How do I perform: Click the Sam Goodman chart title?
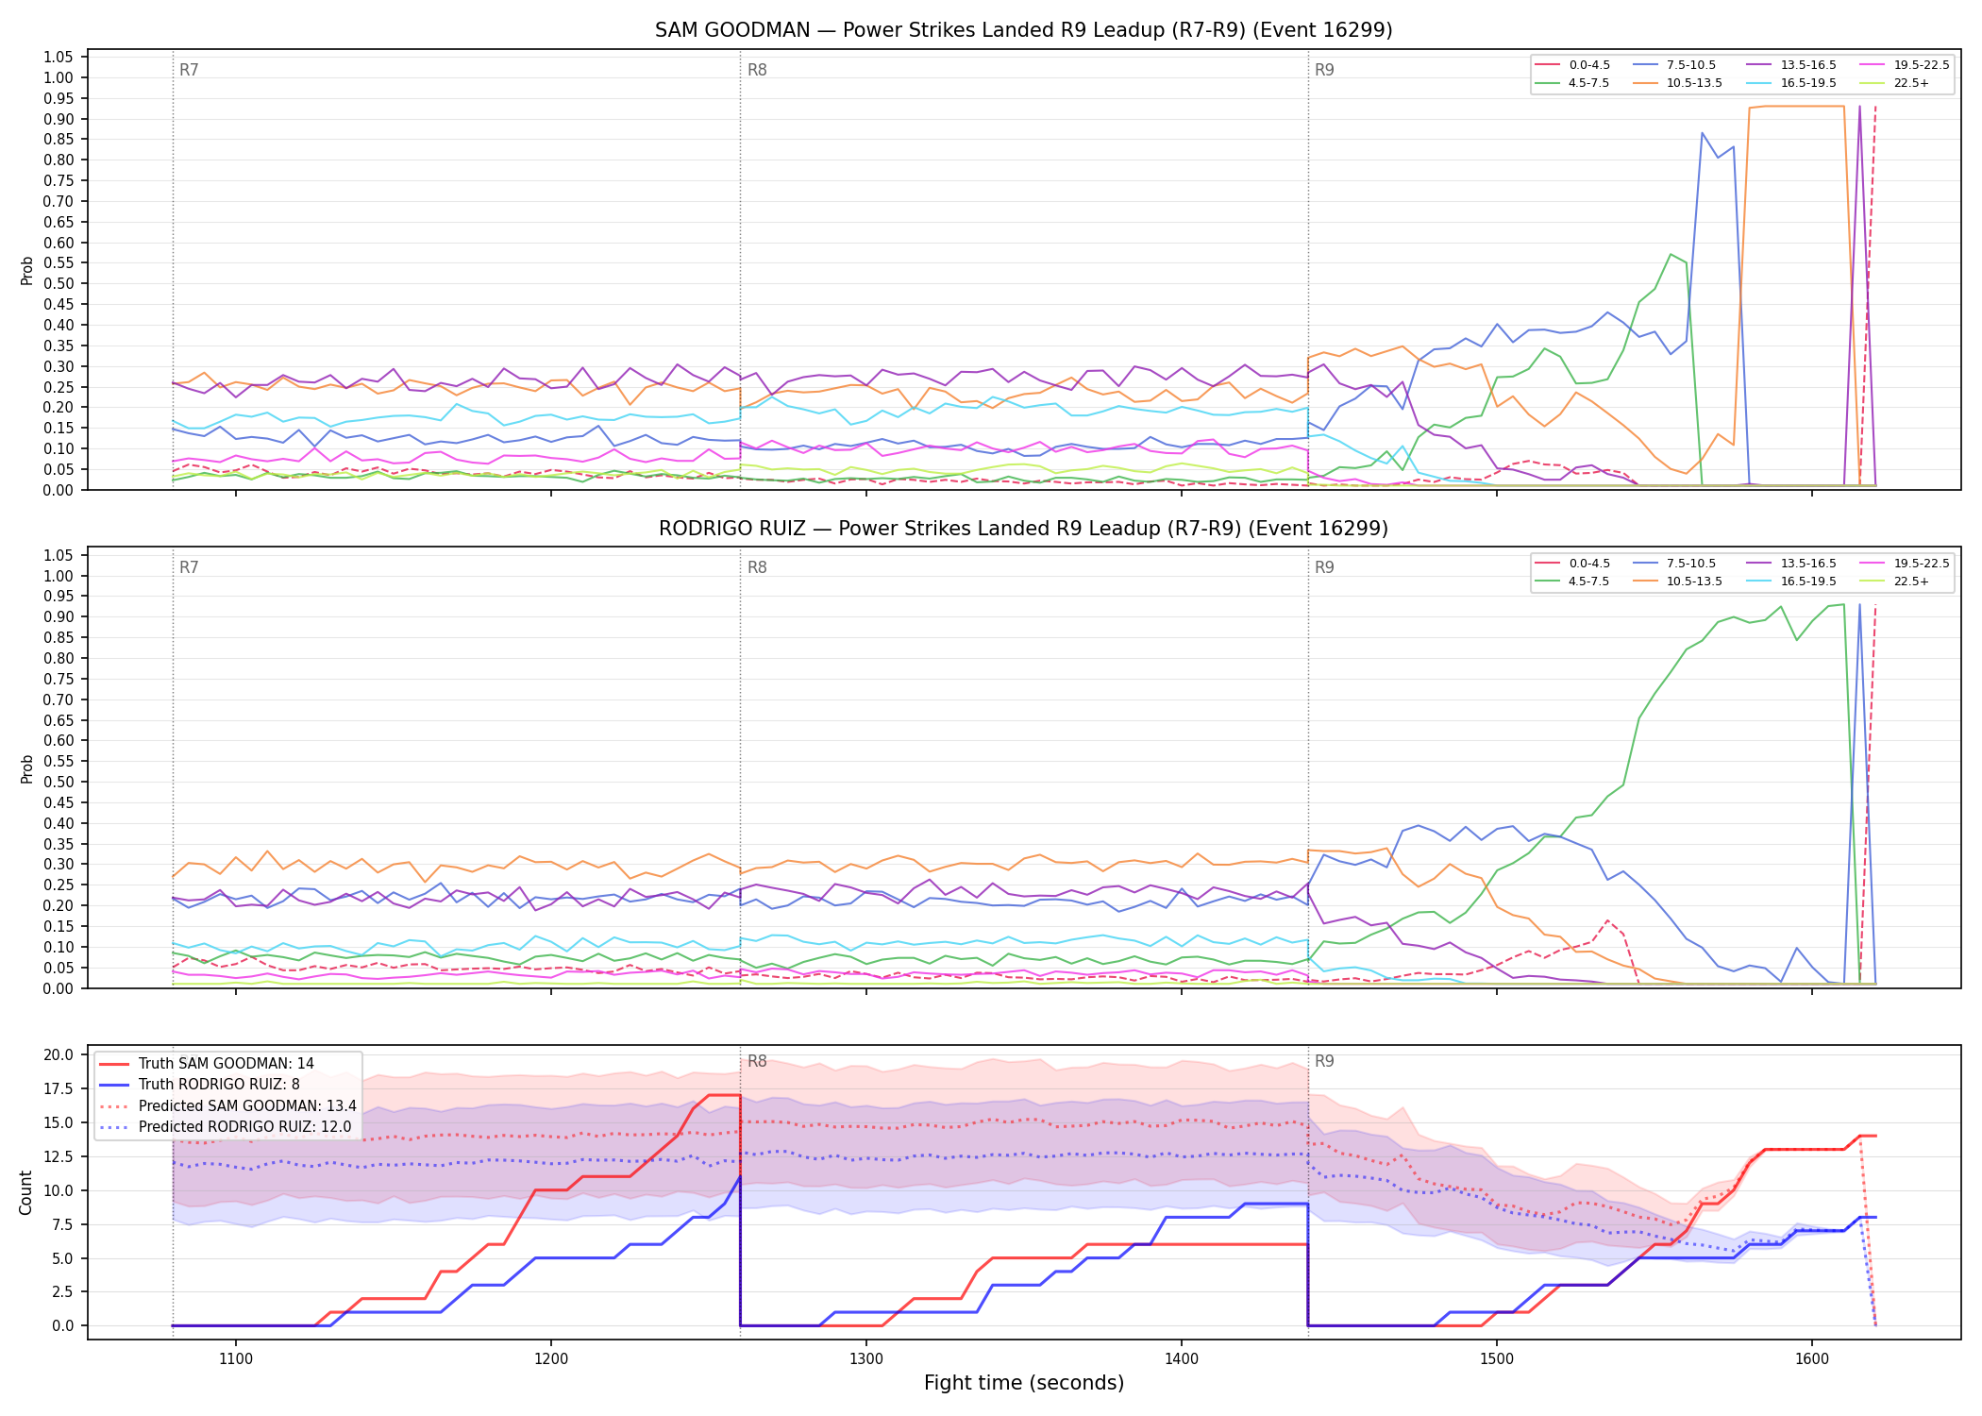pyautogui.click(x=1023, y=30)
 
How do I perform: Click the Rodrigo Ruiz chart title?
pyautogui.click(x=1023, y=529)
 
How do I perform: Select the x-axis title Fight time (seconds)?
pyautogui.click(x=1024, y=1383)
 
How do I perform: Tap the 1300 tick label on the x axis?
pyautogui.click(x=866, y=1359)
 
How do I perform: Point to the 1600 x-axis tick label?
pyautogui.click(x=1812, y=1359)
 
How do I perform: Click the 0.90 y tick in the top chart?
pyautogui.click(x=59, y=119)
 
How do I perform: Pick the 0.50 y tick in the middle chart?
pyautogui.click(x=59, y=782)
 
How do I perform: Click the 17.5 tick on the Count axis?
pyautogui.click(x=61, y=1088)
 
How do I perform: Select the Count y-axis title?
pyautogui.click(x=25, y=1192)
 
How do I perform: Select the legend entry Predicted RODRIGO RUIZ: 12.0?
pyautogui.click(x=225, y=1127)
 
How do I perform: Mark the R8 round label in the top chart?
pyautogui.click(x=757, y=70)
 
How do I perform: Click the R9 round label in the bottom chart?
pyautogui.click(x=1324, y=1061)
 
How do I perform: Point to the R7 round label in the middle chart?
pyautogui.click(x=189, y=567)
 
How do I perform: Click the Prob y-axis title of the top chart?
pyautogui.click(x=26, y=270)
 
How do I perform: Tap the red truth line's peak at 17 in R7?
pyautogui.click(x=723, y=1095)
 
